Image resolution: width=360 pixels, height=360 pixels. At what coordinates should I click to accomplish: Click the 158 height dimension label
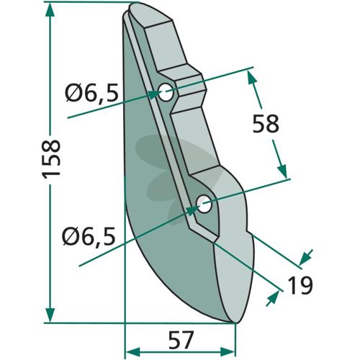51,159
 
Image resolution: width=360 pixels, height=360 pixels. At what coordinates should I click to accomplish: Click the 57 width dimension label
181,340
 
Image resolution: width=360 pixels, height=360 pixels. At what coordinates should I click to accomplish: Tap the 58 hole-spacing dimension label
266,123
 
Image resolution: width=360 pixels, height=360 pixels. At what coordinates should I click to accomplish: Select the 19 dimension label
300,285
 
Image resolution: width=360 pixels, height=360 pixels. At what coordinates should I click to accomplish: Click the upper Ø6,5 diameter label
92,93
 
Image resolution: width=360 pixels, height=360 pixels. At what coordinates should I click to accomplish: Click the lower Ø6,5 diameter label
89,237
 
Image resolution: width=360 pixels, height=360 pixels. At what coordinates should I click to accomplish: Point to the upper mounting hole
166,92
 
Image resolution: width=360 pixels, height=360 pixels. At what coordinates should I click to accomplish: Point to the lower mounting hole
204,204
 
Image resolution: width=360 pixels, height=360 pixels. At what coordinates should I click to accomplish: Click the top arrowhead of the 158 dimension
50,10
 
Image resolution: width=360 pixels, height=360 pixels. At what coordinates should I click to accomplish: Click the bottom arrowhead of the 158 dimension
50,315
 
